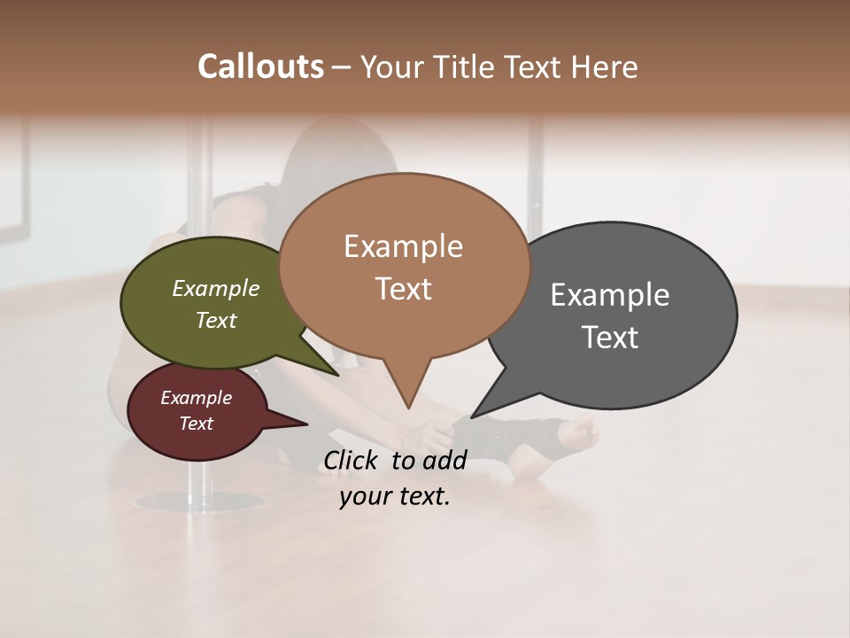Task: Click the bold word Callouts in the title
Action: [x=261, y=66]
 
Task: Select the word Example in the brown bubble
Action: [x=403, y=246]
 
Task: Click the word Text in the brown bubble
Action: [x=403, y=289]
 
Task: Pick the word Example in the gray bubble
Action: [x=610, y=295]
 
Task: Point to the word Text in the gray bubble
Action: [x=610, y=338]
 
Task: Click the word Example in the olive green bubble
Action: [x=216, y=289]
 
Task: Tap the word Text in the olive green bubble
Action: [x=216, y=320]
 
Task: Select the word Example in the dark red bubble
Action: [x=197, y=398]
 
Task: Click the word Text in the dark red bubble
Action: [x=197, y=424]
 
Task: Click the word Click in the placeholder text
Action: [x=353, y=460]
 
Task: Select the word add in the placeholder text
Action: [x=444, y=460]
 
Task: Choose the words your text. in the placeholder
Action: [x=394, y=496]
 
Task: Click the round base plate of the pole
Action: [x=199, y=502]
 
